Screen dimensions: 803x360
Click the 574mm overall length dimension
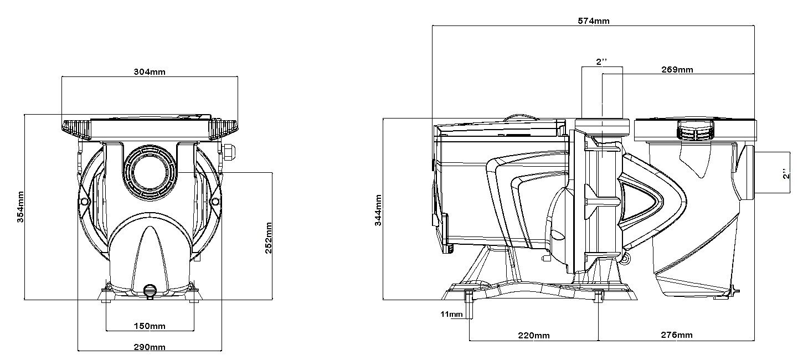(593, 21)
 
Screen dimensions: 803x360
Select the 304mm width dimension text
(150, 71)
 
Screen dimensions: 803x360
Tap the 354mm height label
(20, 207)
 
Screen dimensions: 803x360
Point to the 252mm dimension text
(269, 238)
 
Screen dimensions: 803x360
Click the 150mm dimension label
(150, 326)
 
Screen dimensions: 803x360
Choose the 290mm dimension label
(150, 347)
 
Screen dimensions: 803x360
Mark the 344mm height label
(378, 210)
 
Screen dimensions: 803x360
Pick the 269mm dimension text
(677, 70)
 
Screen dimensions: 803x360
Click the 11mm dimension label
(451, 315)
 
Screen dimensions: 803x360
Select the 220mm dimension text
(534, 336)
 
